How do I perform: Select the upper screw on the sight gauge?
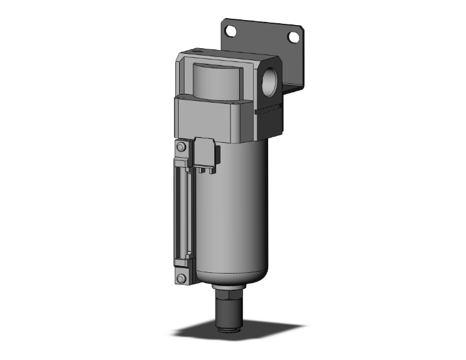pos(181,147)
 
